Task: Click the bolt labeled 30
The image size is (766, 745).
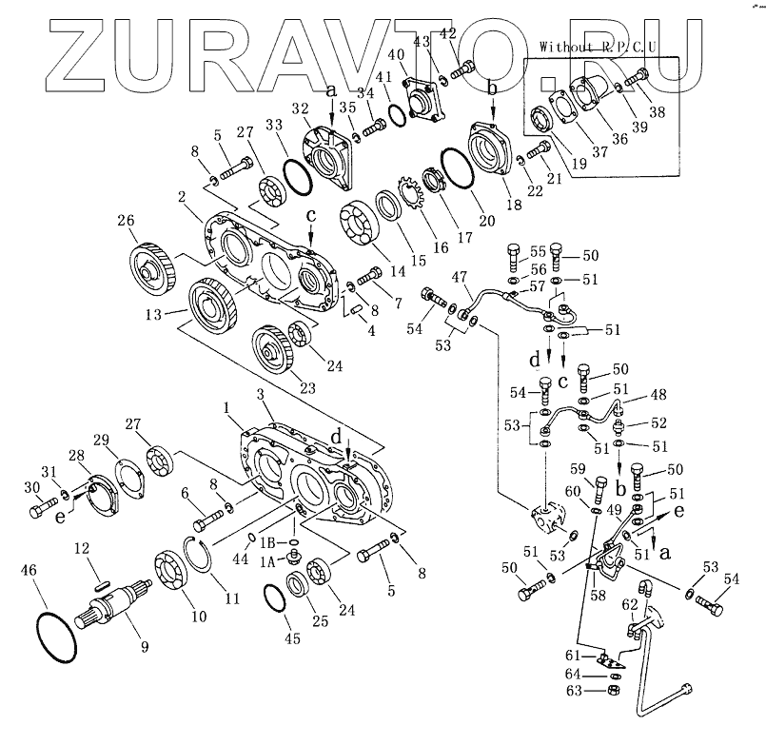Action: click(40, 511)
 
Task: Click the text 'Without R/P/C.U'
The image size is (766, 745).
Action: click(599, 46)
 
